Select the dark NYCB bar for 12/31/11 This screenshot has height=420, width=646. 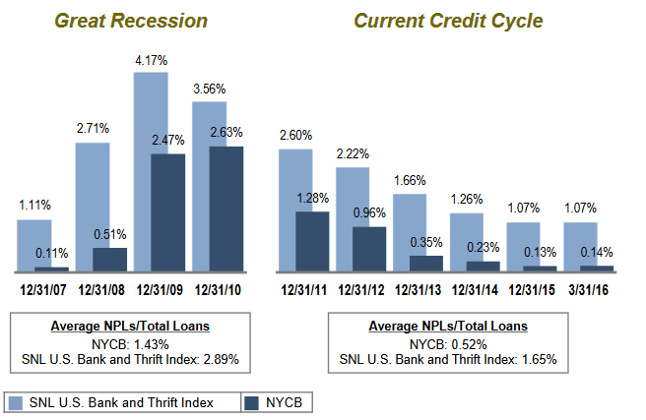tap(311, 241)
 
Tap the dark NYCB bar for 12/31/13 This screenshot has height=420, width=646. tap(426, 263)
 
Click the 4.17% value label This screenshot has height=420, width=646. tap(152, 61)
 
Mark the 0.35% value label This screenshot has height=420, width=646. tap(427, 243)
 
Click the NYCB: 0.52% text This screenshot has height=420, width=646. tap(447, 342)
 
